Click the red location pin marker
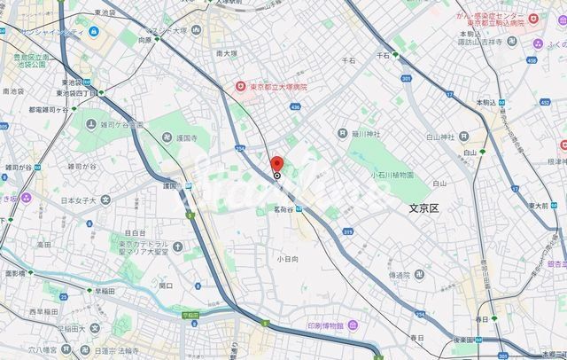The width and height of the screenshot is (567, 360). click(x=276, y=165)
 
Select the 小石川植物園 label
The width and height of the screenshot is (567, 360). click(x=392, y=175)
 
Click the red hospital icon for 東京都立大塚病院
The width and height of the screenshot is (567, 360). click(x=239, y=86)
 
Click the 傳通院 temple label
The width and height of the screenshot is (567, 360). click(x=400, y=274)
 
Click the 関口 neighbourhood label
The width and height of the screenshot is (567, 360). click(x=165, y=286)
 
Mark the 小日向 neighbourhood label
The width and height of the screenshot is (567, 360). click(x=285, y=260)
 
